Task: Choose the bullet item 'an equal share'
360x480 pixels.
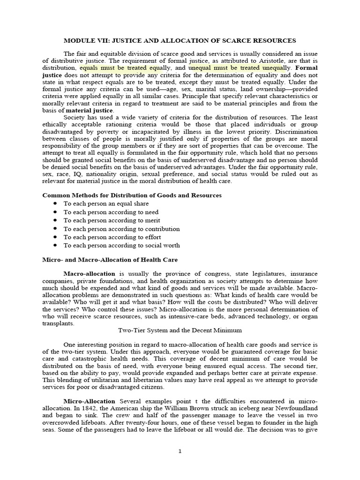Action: click(106, 203)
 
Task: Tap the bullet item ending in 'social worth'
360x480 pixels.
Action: click(121, 245)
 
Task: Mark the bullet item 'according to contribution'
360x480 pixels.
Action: click(121, 229)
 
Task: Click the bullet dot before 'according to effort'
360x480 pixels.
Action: click(55, 237)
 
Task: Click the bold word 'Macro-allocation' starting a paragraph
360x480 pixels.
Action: click(89, 274)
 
